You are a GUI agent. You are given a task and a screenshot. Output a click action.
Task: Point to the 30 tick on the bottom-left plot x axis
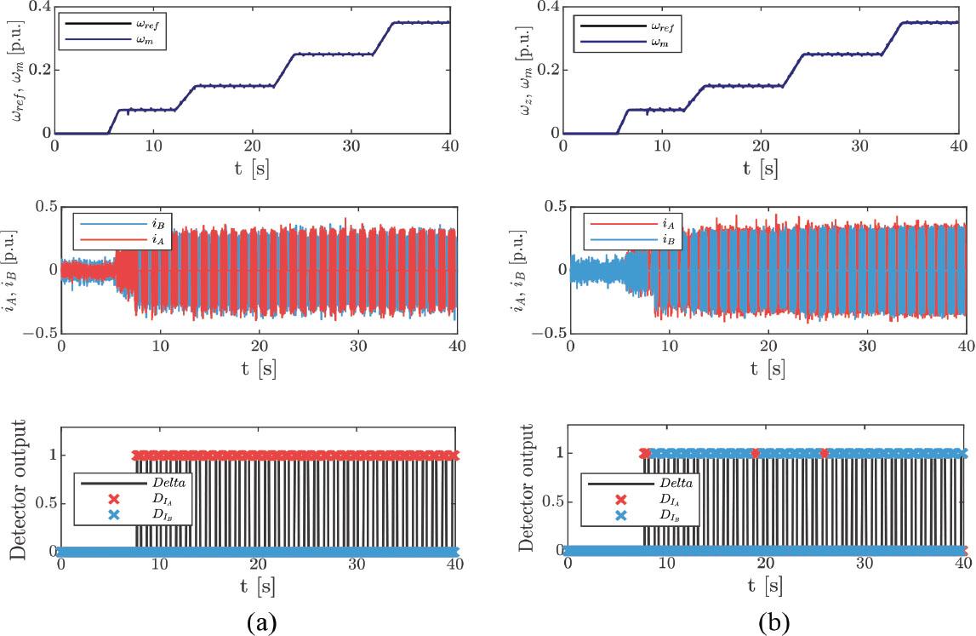click(356, 564)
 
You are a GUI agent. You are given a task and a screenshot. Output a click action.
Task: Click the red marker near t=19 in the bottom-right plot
click(756, 454)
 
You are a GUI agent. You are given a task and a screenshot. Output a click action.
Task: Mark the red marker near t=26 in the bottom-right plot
click(824, 454)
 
